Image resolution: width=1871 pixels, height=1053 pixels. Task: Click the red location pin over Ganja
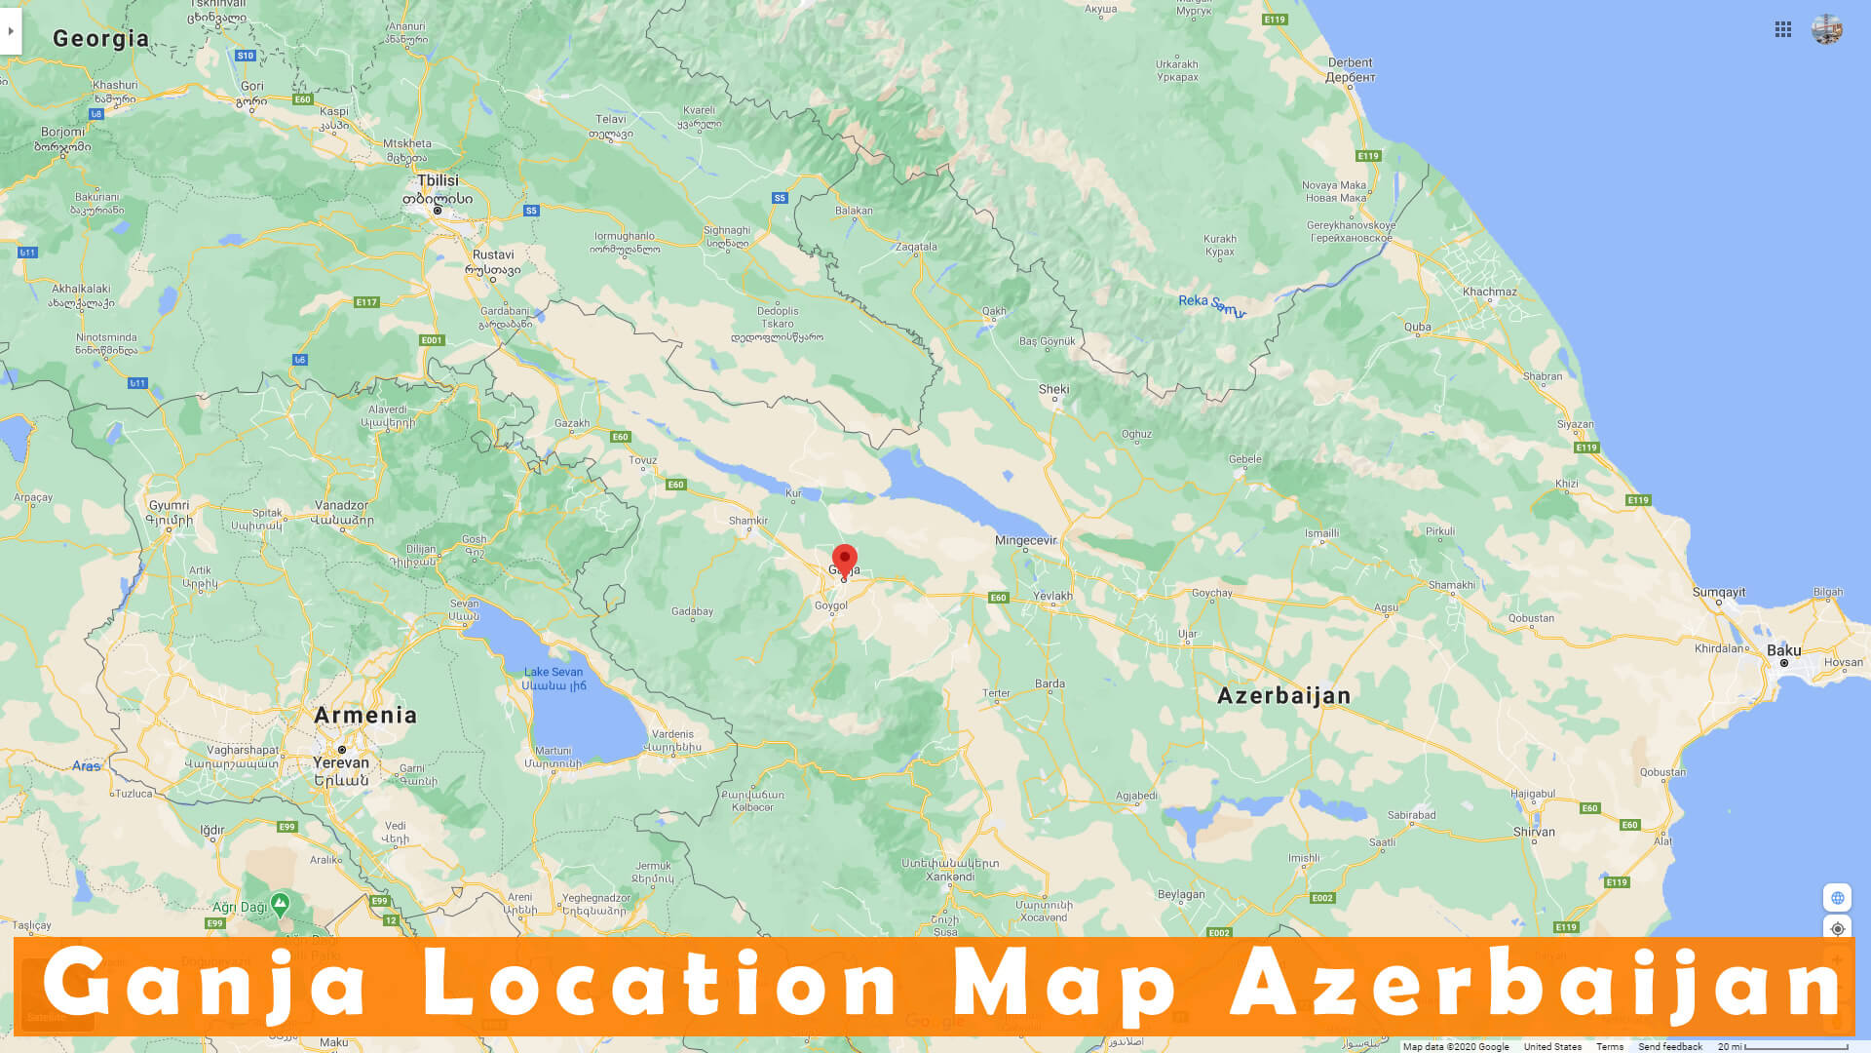845,559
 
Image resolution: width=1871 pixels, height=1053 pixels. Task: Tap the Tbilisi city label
438,181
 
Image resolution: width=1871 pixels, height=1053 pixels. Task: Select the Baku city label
1783,650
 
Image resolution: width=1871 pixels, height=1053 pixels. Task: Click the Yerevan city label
341,762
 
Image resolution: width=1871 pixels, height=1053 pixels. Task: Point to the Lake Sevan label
554,672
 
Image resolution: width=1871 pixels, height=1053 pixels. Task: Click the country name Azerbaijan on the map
1283,695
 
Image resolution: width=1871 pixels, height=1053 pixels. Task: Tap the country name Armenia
365,715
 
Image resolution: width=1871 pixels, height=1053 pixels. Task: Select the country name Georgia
101,38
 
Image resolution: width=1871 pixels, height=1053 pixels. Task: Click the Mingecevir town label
1025,540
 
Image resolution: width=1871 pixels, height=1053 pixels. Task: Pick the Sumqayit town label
1719,592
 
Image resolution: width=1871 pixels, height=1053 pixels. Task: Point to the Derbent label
1350,63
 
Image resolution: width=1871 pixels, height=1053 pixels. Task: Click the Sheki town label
1053,389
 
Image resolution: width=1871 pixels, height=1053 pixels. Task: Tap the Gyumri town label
169,505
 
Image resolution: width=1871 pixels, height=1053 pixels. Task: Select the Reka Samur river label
1211,304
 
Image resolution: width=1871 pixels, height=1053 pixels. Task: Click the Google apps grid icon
1783,30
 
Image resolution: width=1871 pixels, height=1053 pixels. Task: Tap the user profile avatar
1827,29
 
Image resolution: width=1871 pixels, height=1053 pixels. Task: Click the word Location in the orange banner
660,985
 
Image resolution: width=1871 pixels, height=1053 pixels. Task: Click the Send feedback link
1669,1046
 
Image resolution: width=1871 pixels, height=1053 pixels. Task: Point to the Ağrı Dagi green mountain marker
280,904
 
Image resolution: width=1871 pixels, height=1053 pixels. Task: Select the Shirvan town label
1534,832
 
